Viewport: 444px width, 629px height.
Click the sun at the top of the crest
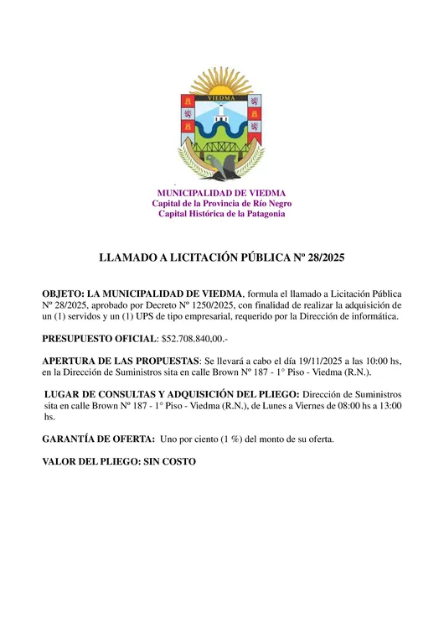pos(221,85)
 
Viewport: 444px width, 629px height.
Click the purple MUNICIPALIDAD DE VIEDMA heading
pos(221,193)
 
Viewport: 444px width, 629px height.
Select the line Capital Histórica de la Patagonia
pos(221,214)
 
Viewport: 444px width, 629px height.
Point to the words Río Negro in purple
pos(269,204)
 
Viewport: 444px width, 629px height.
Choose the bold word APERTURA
pos(74,361)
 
